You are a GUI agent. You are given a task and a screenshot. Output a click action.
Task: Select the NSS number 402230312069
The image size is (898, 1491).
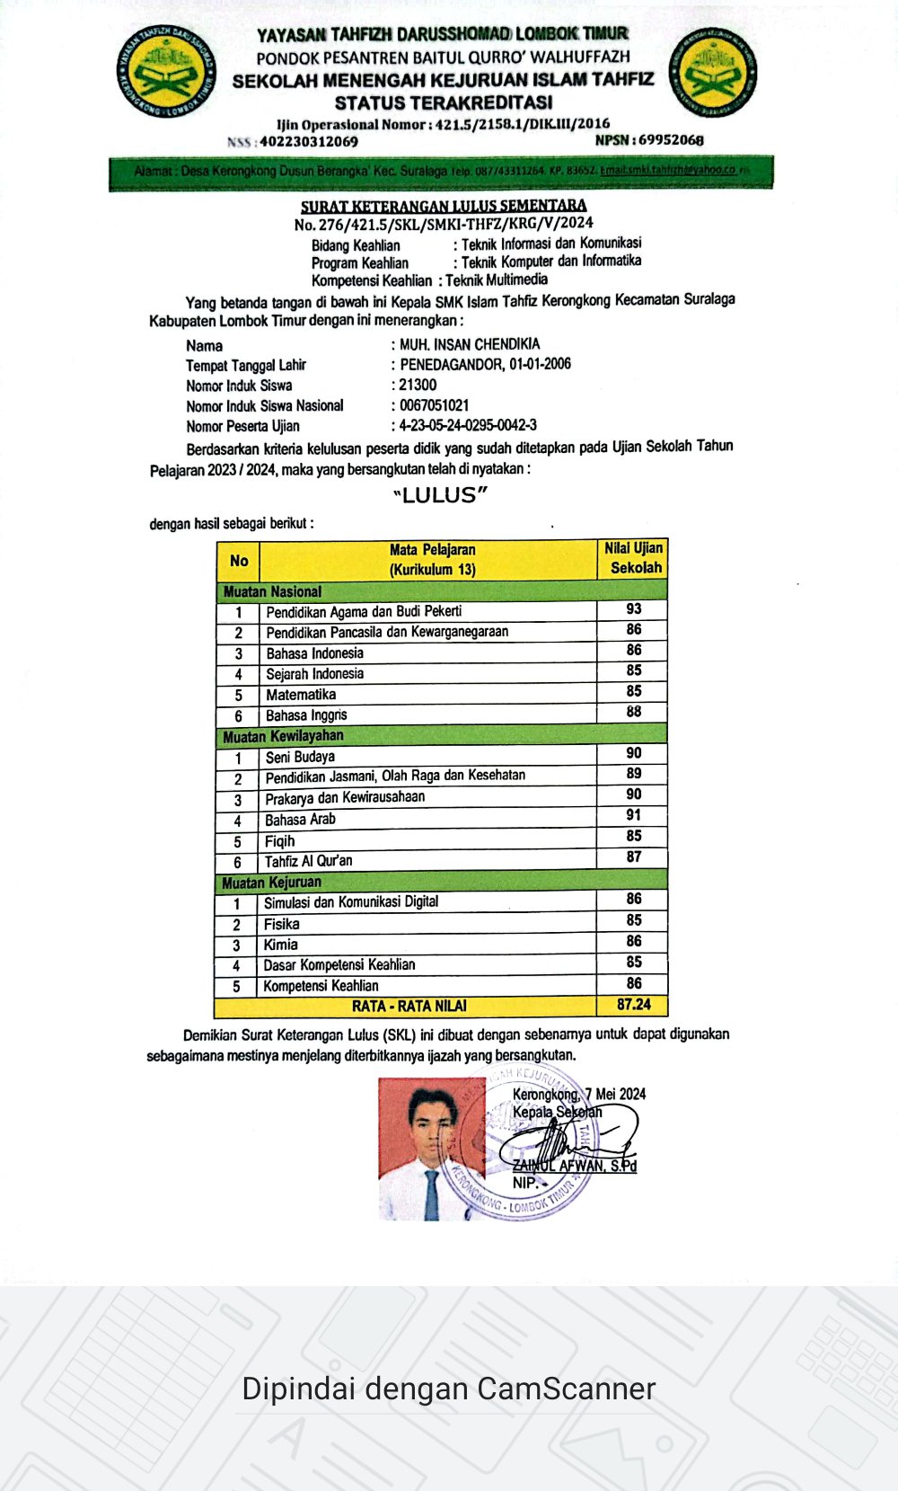(309, 141)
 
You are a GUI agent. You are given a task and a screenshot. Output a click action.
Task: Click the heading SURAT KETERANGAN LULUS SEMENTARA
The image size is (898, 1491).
(444, 206)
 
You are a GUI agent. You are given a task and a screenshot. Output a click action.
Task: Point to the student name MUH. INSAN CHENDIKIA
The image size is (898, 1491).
(470, 344)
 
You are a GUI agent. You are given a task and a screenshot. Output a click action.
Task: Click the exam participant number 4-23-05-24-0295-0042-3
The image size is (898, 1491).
(468, 425)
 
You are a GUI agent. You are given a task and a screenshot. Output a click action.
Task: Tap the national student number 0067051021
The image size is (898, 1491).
(434, 405)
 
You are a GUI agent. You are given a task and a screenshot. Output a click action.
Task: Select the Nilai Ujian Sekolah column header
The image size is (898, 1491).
(633, 558)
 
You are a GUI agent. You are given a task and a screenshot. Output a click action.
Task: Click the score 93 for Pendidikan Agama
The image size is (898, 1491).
(633, 609)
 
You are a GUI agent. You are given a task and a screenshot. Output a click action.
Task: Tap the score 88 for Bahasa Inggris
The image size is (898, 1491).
(633, 712)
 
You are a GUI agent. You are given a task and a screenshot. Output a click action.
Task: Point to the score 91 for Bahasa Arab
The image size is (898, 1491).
(633, 815)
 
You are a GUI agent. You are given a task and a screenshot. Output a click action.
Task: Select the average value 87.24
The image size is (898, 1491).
(633, 1005)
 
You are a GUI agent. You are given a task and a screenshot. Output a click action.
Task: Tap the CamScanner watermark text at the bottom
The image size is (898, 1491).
(448, 1389)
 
